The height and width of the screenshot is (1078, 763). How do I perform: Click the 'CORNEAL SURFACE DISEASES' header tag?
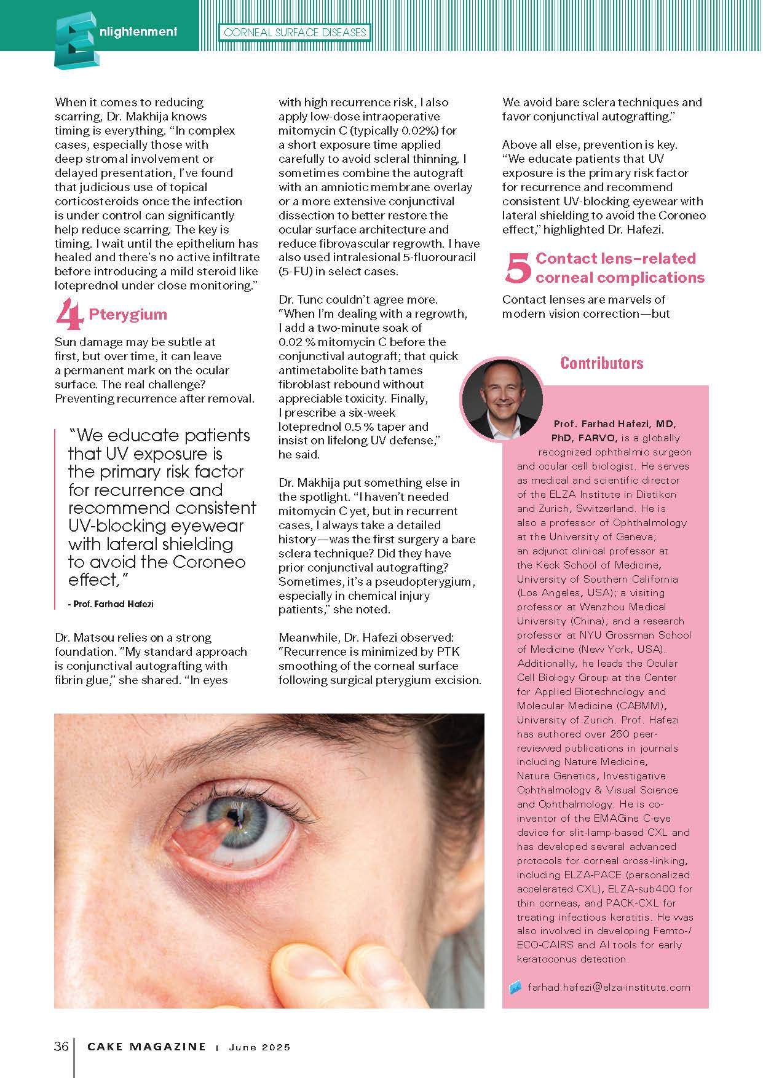(295, 32)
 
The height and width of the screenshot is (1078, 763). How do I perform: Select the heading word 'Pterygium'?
(128, 314)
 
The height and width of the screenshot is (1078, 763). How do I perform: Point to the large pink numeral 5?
(517, 269)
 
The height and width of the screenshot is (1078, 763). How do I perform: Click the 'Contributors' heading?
(602, 363)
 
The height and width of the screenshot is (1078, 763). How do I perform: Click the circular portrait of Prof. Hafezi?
(502, 400)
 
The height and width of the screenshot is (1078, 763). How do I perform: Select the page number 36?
(61, 1047)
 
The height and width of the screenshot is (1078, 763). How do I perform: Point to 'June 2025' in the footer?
(259, 1047)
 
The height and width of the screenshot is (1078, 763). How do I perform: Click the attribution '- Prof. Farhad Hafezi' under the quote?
(110, 604)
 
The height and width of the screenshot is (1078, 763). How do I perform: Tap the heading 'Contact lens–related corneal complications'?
(620, 268)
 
